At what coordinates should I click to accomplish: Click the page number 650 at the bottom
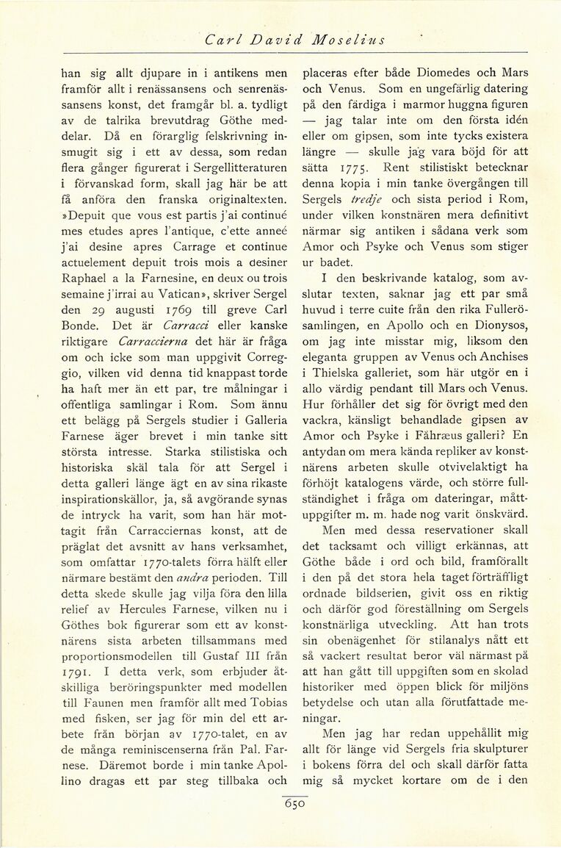pos(294,804)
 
